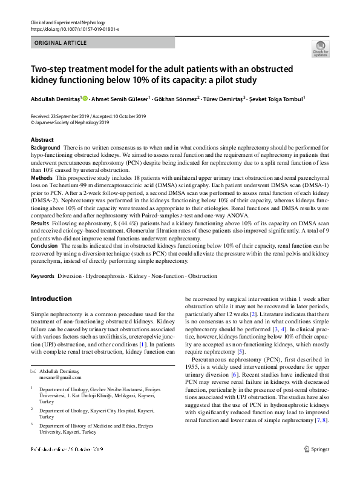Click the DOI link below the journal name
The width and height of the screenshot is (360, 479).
pos(74,28)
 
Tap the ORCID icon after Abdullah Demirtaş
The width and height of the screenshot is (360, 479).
pos(85,99)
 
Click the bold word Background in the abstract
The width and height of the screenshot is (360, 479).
pos(45,148)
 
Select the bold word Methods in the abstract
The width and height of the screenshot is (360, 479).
pos(42,179)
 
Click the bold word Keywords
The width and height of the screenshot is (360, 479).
pos(42,276)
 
